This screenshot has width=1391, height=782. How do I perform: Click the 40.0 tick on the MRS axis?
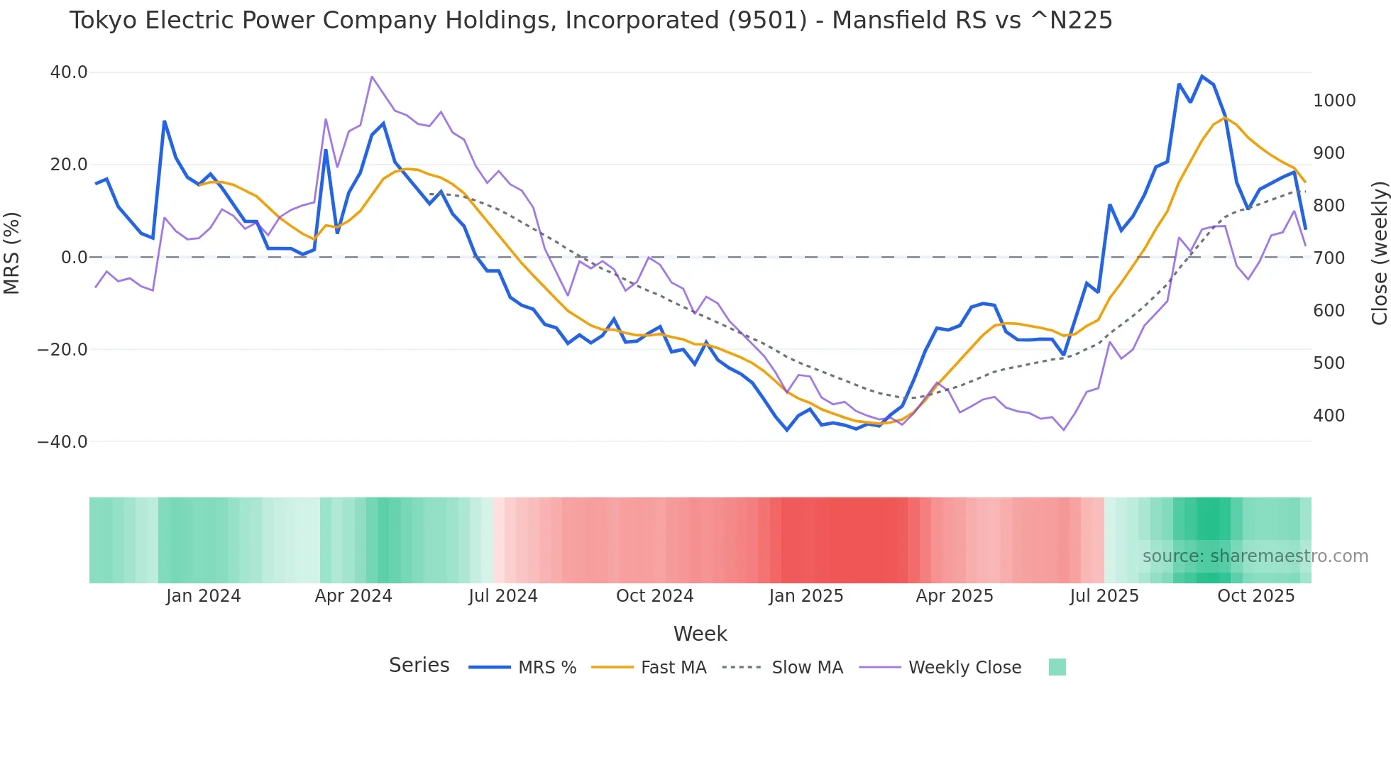point(69,72)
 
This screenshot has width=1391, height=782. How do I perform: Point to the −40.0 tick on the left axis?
point(62,442)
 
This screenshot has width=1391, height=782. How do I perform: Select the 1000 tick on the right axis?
point(1334,101)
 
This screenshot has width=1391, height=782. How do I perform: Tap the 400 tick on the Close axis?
point(1329,416)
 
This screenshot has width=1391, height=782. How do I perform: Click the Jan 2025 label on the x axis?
point(806,596)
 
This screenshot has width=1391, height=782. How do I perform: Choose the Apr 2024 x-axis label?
point(353,596)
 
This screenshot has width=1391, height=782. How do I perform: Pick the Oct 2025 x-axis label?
point(1255,596)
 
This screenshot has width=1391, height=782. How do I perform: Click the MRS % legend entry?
point(546,668)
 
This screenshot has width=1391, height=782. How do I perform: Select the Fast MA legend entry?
point(673,668)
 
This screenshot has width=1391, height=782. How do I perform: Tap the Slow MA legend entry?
point(807,668)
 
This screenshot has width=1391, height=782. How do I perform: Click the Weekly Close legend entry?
point(964,668)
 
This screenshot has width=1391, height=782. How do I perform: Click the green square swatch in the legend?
point(1057,667)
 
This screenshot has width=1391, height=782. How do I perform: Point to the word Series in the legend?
point(419,666)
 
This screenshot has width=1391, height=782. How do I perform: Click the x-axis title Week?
point(700,634)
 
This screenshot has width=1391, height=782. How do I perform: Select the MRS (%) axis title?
point(12,253)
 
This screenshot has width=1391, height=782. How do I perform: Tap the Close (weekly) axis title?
point(1379,253)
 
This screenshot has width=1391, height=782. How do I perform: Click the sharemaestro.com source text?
point(1255,556)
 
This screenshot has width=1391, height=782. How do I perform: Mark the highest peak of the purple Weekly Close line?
point(372,77)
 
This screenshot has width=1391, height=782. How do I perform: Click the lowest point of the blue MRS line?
point(786,430)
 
